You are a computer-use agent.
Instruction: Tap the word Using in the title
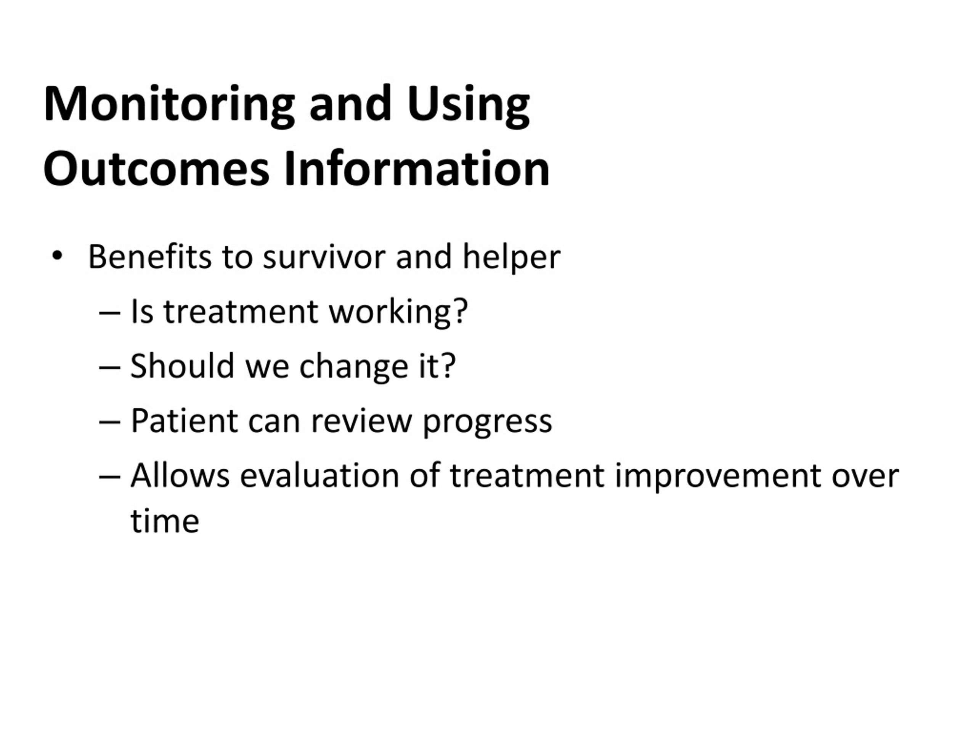tap(469, 106)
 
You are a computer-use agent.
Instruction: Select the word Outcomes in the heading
tap(156, 169)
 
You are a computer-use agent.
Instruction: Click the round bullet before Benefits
tap(57, 255)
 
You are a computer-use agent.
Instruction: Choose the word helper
tap(511, 258)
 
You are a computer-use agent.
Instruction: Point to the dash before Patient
tap(110, 422)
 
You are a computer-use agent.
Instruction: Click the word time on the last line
tap(165, 521)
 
